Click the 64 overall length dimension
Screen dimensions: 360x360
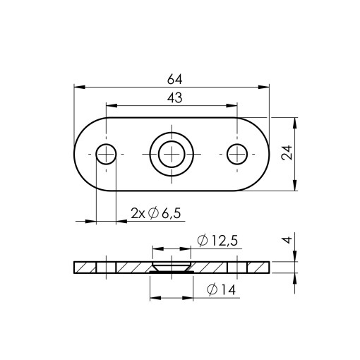[174, 80]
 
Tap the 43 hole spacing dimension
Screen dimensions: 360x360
[174, 98]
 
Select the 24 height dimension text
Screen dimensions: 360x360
[287, 153]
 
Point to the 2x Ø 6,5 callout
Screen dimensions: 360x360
[156, 213]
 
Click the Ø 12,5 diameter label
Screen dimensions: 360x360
[217, 240]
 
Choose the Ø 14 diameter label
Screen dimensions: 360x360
[221, 289]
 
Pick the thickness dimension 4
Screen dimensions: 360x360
[287, 240]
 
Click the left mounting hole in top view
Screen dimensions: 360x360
[106, 154]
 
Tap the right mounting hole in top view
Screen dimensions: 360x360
[237, 154]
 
